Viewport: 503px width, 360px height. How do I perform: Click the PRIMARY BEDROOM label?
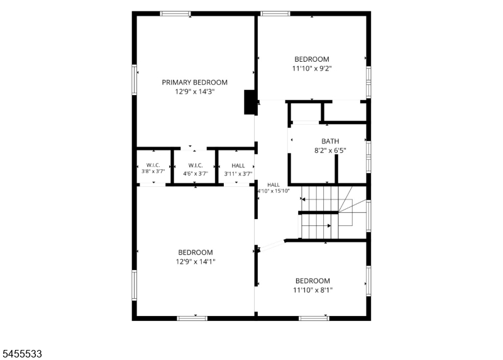tap(194, 82)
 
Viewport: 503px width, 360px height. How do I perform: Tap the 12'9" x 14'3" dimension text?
tap(194, 92)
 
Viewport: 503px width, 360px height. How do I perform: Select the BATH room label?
tap(330, 142)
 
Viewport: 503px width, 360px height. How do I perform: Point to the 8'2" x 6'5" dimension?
tap(330, 150)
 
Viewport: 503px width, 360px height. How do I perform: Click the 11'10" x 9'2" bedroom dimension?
tap(312, 69)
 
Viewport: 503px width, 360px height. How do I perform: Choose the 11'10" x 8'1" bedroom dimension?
tap(312, 290)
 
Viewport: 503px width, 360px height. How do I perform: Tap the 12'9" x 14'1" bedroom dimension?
tap(196, 262)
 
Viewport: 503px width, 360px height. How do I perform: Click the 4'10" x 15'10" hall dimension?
tap(274, 191)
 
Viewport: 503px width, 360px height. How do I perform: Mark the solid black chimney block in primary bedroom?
tap(250, 102)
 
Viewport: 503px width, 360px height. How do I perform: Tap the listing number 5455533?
tap(22, 354)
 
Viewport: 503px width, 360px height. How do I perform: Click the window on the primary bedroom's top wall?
tap(175, 13)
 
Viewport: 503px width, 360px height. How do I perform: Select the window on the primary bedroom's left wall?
tap(135, 80)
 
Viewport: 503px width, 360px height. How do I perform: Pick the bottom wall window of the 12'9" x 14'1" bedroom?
tap(192, 318)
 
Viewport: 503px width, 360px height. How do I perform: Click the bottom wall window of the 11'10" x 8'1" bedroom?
tap(314, 318)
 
